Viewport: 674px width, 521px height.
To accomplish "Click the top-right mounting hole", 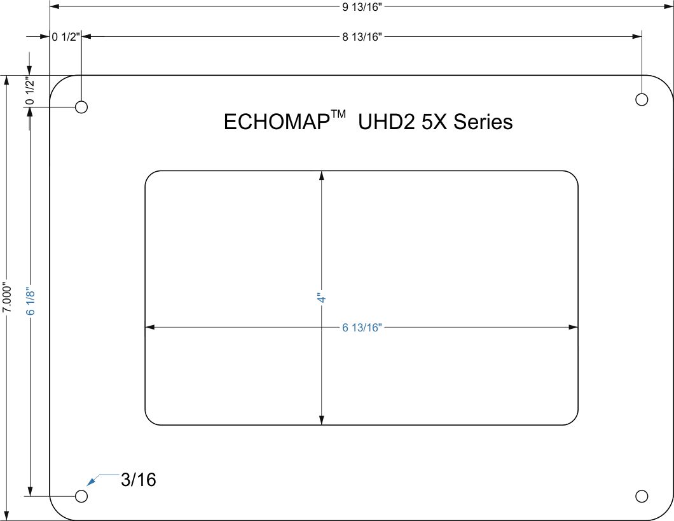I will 642,99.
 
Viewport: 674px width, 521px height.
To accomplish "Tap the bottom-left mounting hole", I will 81,496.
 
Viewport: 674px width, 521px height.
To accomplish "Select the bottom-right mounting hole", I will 642,496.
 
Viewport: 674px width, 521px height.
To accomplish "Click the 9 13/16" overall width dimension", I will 362,7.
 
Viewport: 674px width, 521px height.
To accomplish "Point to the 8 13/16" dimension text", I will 361,37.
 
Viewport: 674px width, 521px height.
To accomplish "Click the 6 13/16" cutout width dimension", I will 361,328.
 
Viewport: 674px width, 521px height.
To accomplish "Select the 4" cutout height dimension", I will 322,298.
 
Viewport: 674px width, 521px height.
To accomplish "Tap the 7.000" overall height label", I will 6,297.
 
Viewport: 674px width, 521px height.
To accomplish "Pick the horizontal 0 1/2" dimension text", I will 65,37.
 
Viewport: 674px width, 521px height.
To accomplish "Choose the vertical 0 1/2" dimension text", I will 29,90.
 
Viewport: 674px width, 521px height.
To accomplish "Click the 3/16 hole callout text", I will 139,480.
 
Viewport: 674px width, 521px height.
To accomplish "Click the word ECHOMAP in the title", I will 276,122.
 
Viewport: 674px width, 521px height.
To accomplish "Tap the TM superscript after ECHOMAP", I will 338,115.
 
